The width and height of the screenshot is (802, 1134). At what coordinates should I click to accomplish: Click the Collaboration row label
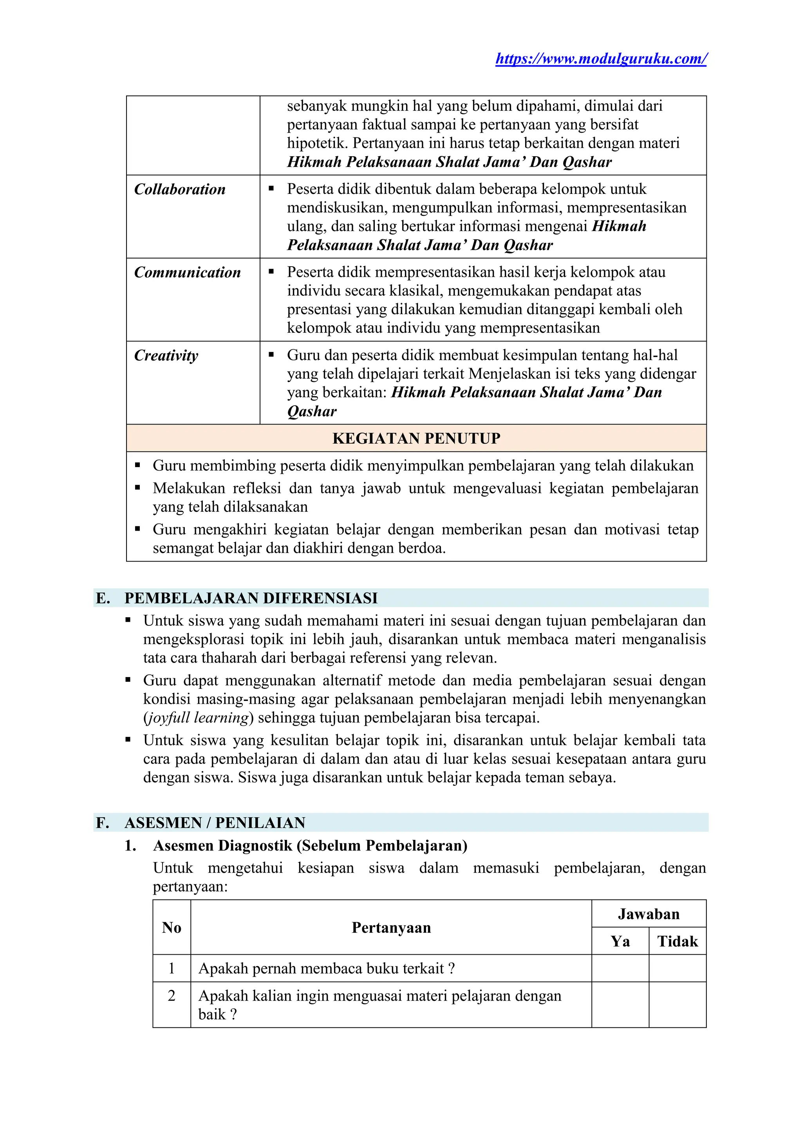coord(180,189)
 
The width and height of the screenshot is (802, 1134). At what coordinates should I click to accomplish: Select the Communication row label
coord(187,272)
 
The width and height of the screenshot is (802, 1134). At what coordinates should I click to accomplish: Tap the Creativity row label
coord(166,355)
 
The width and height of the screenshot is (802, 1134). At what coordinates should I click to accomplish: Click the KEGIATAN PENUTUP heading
coord(416,438)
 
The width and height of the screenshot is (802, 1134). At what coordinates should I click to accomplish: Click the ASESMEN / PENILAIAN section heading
coord(215,823)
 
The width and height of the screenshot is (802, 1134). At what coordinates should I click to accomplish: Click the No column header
coord(172,928)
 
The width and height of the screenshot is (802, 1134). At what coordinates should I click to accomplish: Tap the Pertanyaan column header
coord(391,928)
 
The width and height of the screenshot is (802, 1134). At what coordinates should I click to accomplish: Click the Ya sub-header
coord(620,941)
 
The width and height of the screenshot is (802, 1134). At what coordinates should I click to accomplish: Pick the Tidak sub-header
coord(677,941)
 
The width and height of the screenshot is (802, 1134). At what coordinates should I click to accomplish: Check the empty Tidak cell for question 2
coord(677,1005)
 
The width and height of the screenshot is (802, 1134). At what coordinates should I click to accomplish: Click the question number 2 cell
coord(172,996)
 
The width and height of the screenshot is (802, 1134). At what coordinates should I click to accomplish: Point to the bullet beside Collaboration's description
coord(271,189)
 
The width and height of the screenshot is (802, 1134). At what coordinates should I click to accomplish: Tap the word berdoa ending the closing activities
coord(422,548)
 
